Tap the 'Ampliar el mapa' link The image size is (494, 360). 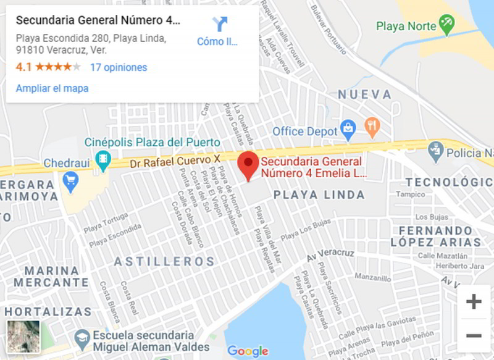pos(52,88)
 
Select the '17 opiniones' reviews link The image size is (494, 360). pos(119,67)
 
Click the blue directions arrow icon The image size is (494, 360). pos(220,24)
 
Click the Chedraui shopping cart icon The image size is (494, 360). pos(70,182)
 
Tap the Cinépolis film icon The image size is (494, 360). pos(103,160)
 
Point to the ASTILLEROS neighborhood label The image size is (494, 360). pos(164,261)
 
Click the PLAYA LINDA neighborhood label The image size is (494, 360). pos(319,195)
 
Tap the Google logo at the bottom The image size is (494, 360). pos(248,351)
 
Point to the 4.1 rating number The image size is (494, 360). pos(23,67)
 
